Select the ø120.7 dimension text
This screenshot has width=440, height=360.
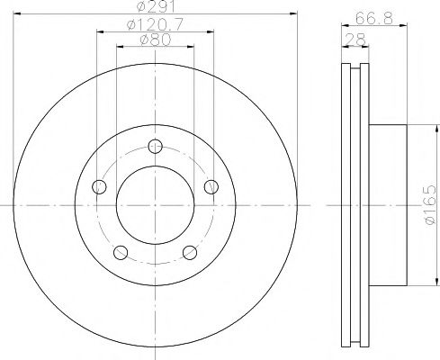click(x=156, y=25)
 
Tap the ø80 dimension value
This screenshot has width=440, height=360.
click(x=156, y=40)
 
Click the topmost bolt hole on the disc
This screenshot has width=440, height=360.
click(x=156, y=148)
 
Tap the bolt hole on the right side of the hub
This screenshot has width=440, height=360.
click(x=211, y=186)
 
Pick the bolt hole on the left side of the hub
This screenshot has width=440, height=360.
click(x=99, y=186)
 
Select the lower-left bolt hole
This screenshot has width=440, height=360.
click(x=121, y=253)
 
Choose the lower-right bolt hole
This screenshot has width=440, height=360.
click(x=191, y=253)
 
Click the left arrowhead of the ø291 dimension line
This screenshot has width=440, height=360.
click(x=20, y=14)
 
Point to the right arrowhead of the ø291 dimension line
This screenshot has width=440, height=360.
click(x=292, y=14)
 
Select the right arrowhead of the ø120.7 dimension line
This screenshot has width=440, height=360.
click(x=214, y=31)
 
